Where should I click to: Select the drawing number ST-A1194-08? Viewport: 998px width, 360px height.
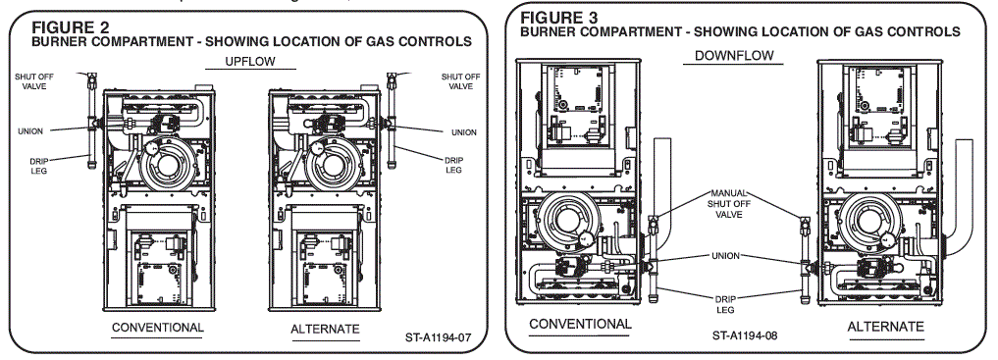coord(752,335)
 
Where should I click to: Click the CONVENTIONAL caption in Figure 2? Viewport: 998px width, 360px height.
coord(158,327)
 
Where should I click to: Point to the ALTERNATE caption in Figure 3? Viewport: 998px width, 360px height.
coord(885,326)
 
